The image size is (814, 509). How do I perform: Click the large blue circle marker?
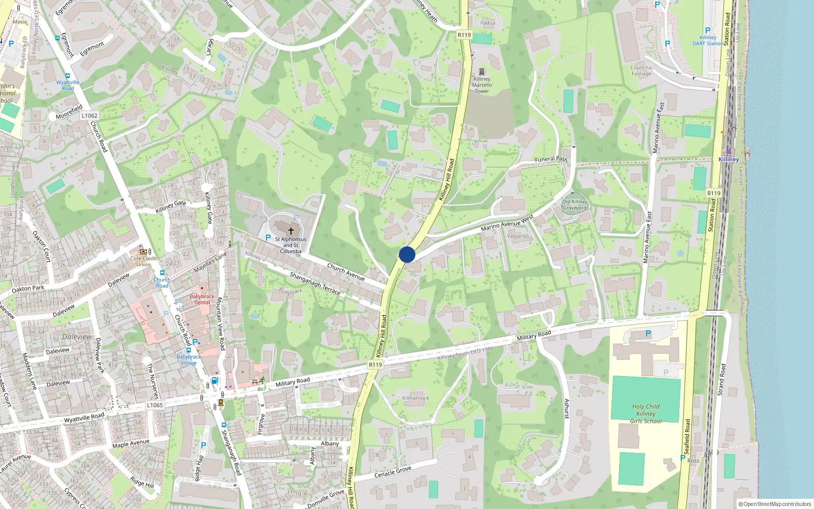point(407,254)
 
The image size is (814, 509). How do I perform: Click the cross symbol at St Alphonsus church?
point(291,231)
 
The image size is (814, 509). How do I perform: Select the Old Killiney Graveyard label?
point(575,205)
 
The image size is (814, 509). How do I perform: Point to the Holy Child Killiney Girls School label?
point(646,413)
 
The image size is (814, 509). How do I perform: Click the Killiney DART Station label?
point(708,40)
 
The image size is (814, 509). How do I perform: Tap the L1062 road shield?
point(89,116)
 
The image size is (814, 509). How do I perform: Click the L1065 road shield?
point(155,405)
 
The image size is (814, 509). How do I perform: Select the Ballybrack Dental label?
point(202,299)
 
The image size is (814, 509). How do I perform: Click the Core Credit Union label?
point(143,261)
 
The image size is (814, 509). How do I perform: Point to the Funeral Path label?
point(551,159)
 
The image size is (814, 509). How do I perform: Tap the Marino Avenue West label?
point(507,223)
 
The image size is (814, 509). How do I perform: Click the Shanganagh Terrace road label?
point(315,283)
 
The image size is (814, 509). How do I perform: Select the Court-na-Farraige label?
point(642,71)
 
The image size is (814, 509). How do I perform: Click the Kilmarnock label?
point(416,398)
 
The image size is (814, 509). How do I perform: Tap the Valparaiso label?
point(518,236)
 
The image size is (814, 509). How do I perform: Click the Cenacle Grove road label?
point(393,472)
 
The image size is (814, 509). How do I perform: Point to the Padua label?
point(487,23)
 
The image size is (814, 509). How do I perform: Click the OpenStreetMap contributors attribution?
point(775,504)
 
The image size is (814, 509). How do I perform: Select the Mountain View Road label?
point(220,324)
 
